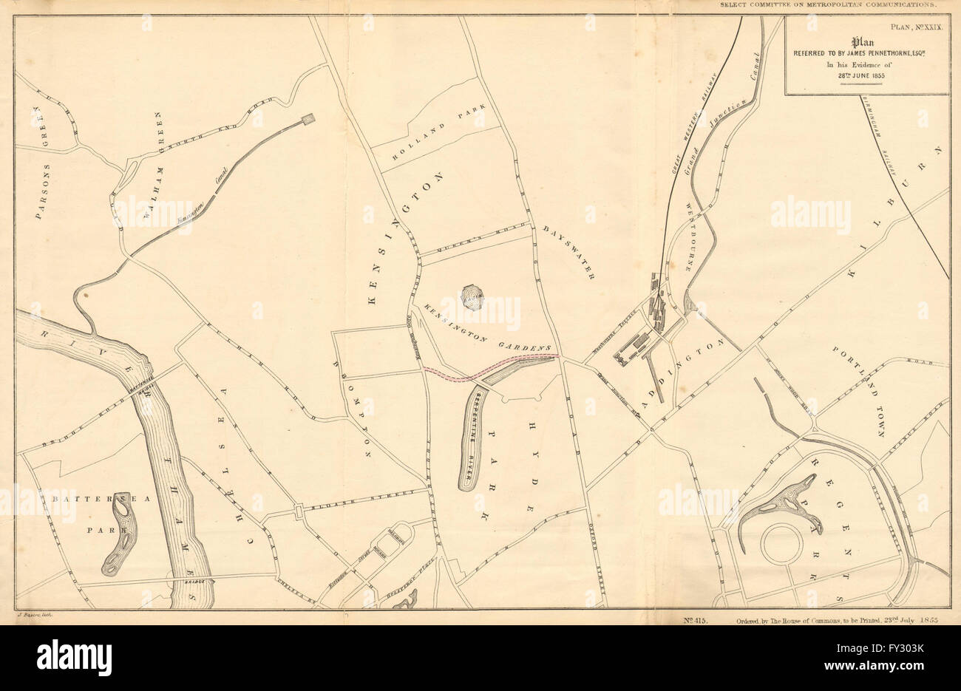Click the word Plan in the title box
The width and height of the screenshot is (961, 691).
(x=866, y=42)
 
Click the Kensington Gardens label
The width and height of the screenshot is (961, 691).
(x=483, y=327)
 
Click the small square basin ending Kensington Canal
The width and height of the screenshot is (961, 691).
(x=307, y=120)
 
